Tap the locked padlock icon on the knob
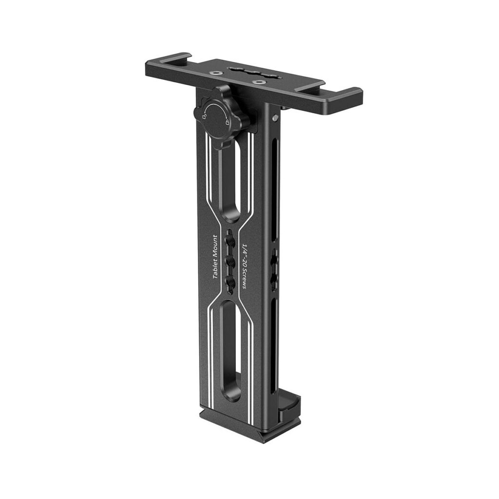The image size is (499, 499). pos(227,122)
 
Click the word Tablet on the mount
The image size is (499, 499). pos(215,266)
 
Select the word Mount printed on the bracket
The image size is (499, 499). pos(215,244)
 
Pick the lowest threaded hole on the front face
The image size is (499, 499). pos(230,281)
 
